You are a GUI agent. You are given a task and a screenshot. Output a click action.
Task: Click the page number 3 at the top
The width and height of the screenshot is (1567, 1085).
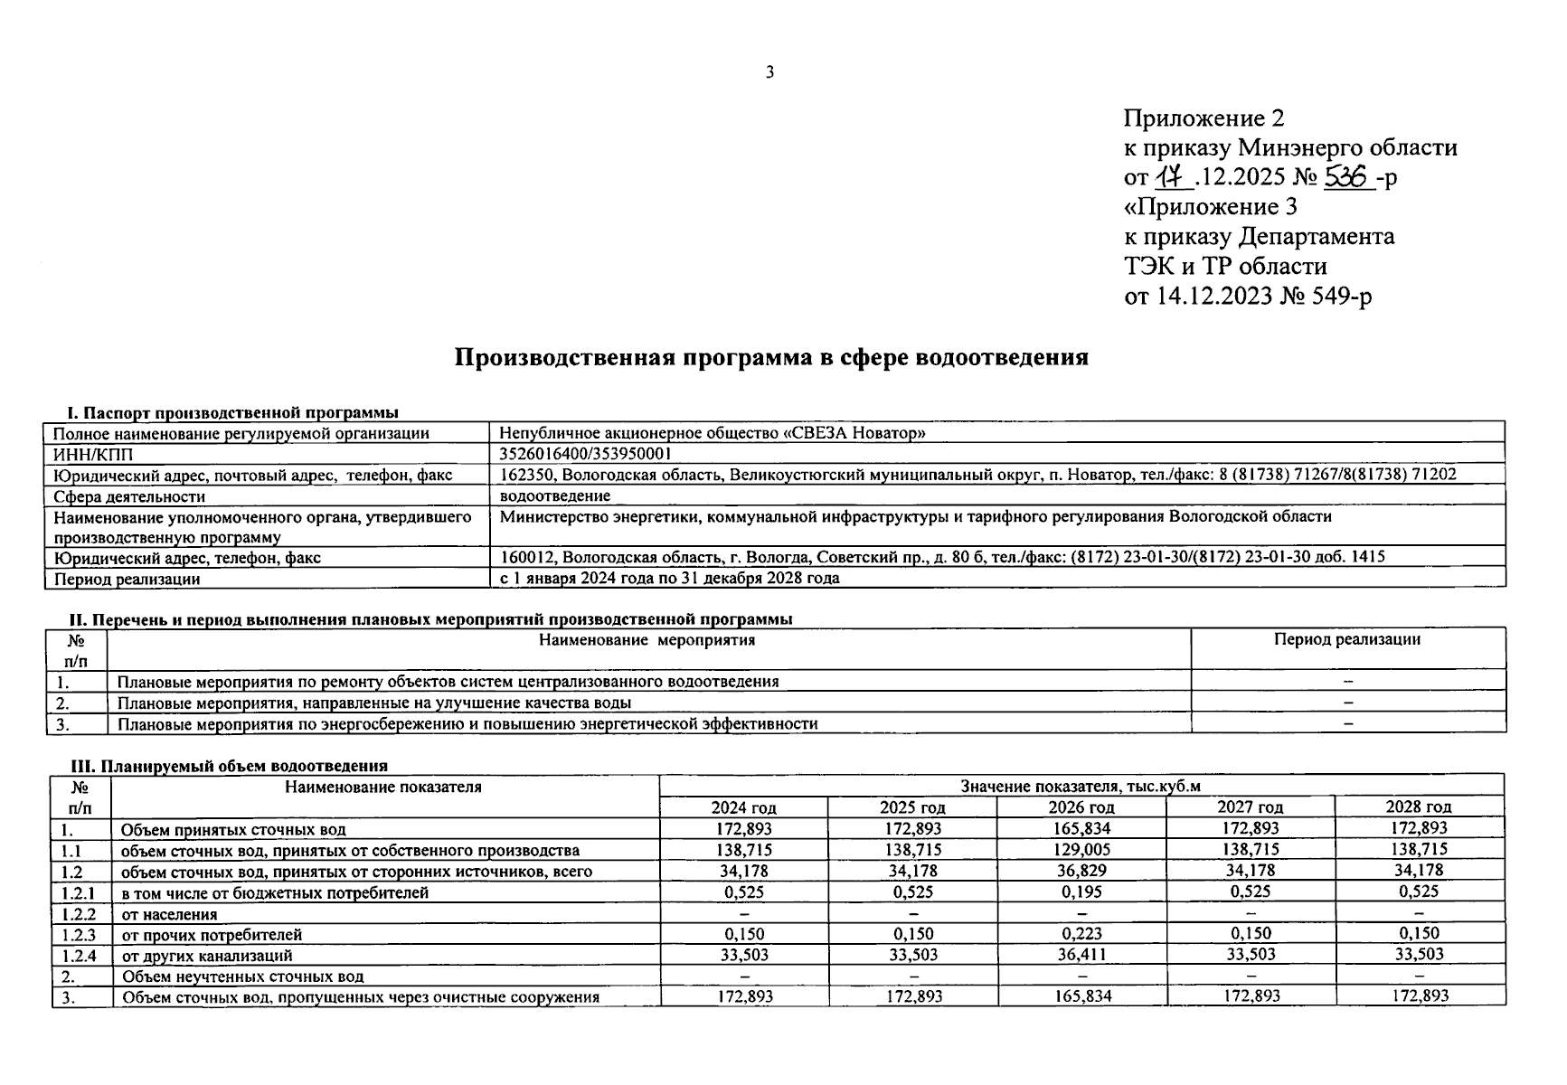(x=769, y=72)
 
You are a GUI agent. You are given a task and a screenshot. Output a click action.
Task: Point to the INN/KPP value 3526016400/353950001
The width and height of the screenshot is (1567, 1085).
(x=586, y=453)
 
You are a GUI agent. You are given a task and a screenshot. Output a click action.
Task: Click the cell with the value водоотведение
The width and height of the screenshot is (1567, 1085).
(x=555, y=495)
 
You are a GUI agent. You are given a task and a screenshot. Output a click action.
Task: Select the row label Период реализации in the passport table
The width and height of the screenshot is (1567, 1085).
(x=127, y=579)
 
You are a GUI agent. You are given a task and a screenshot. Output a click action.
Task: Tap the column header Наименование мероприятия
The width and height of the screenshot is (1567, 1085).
(x=647, y=640)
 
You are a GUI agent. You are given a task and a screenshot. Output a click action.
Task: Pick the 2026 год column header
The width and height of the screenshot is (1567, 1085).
(x=1081, y=807)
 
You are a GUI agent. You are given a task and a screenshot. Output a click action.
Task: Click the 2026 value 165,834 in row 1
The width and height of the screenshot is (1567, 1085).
(x=1081, y=828)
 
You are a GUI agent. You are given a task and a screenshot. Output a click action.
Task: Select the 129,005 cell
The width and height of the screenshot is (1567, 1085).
(x=1081, y=850)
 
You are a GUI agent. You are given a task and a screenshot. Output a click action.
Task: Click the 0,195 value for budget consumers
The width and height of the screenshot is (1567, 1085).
(x=1081, y=892)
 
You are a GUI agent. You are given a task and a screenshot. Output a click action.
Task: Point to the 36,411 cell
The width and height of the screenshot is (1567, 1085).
(x=1081, y=954)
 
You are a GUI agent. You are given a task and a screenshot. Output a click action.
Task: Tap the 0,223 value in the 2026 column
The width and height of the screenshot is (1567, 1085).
(x=1081, y=933)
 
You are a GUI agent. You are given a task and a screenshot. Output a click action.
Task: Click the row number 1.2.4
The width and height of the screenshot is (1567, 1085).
(x=79, y=955)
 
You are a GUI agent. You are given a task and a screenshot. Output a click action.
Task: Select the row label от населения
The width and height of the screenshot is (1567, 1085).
(x=169, y=914)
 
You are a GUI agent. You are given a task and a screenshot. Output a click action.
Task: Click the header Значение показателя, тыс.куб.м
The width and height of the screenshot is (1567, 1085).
(x=1081, y=787)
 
